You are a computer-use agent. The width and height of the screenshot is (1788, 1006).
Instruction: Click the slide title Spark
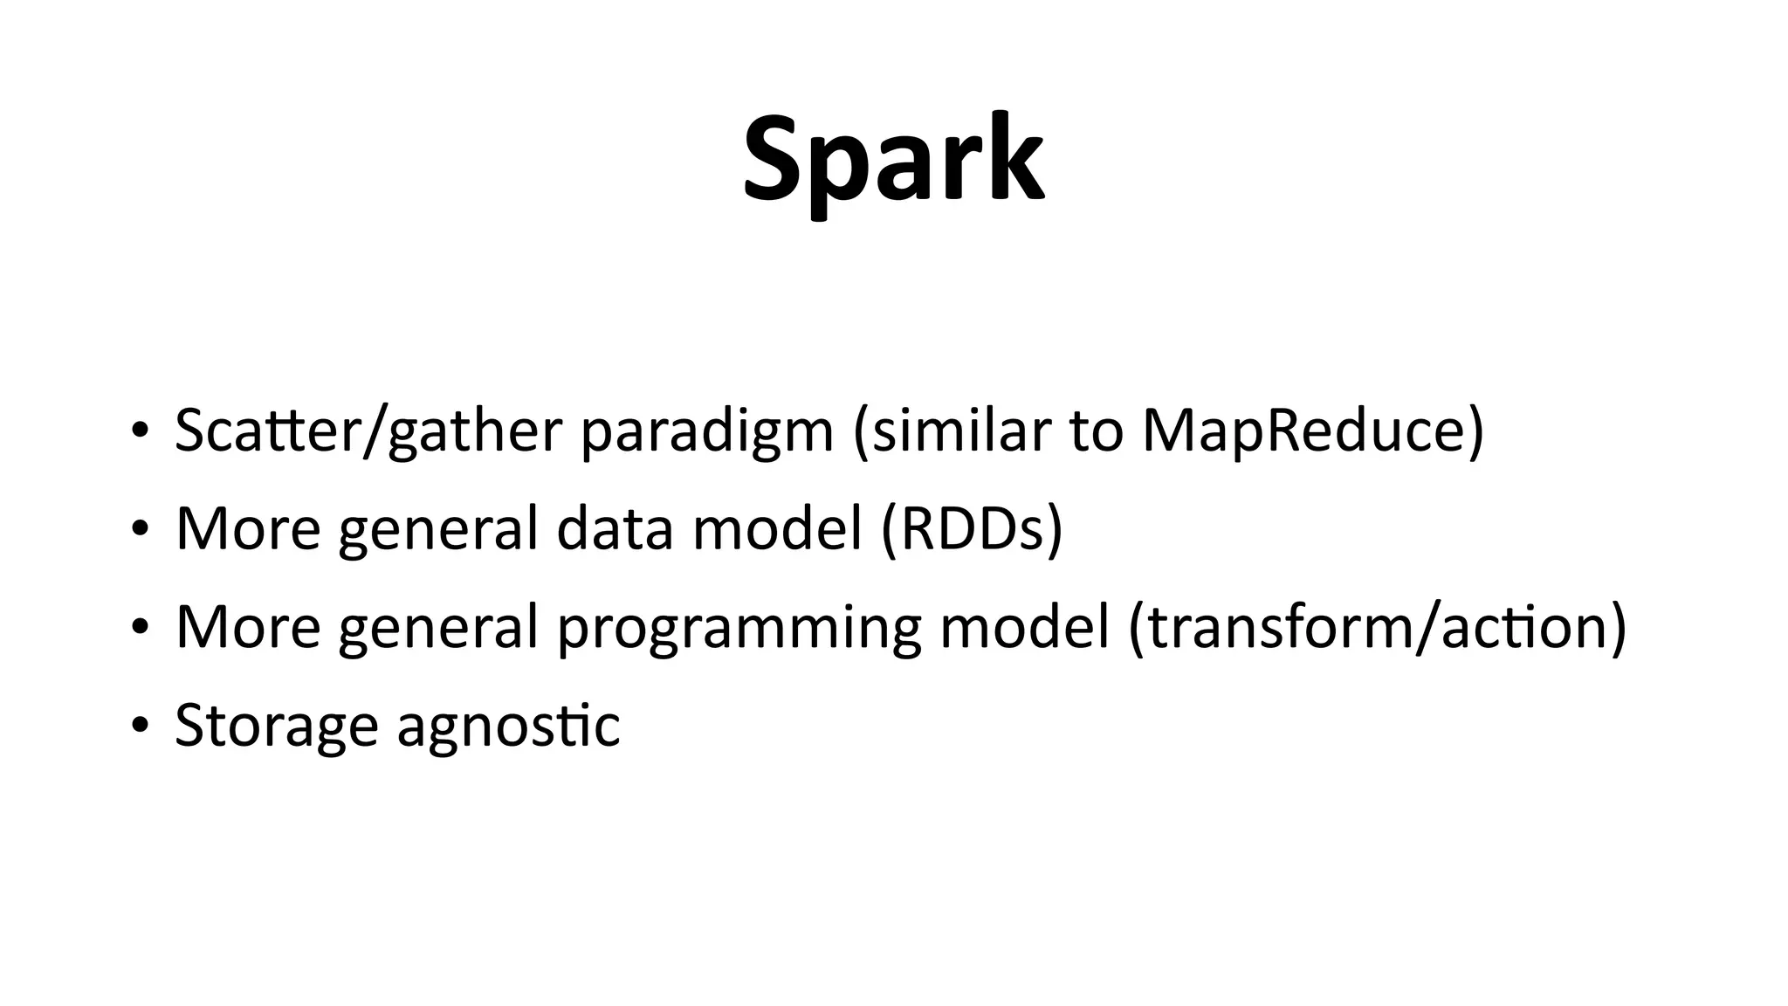pyautogui.click(x=893, y=161)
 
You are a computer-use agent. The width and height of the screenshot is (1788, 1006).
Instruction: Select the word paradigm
pyautogui.click(x=707, y=431)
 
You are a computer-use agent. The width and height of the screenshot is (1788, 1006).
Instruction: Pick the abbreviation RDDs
pyautogui.click(x=972, y=529)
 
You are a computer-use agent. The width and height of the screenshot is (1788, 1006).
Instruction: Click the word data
pyautogui.click(x=615, y=529)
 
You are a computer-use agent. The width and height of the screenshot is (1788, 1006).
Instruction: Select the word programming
pyautogui.click(x=739, y=627)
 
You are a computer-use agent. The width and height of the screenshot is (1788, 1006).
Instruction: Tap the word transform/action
pyautogui.click(x=1377, y=627)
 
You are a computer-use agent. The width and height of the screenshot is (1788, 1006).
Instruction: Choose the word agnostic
pyautogui.click(x=508, y=725)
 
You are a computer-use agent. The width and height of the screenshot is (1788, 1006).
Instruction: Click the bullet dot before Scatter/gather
pyautogui.click(x=138, y=431)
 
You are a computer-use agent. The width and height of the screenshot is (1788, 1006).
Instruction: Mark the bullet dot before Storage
pyautogui.click(x=138, y=725)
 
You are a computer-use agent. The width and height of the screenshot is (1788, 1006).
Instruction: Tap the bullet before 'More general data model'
pyautogui.click(x=138, y=529)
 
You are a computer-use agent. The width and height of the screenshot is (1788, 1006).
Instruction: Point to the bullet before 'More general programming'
pyautogui.click(x=138, y=627)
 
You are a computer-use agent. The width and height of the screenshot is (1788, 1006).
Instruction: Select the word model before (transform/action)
pyautogui.click(x=1024, y=627)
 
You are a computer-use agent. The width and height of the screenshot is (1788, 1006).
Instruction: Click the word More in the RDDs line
pyautogui.click(x=248, y=529)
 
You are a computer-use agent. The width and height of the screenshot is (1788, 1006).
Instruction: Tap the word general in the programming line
pyautogui.click(x=438, y=627)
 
